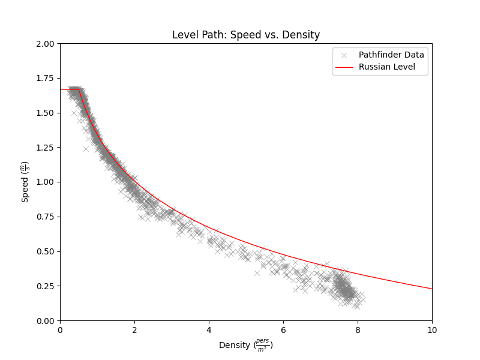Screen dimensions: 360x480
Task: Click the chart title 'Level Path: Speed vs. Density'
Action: coord(246,35)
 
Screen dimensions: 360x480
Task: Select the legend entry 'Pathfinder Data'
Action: coord(391,55)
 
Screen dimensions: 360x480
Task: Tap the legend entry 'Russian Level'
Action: coord(387,67)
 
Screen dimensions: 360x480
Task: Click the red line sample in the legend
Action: coord(344,67)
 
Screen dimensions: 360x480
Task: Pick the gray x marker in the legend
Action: coord(344,55)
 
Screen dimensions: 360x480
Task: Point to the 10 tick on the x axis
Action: coord(432,330)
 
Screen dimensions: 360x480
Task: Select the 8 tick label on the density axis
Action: coord(358,330)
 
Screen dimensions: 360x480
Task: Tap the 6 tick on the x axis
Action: coord(283,330)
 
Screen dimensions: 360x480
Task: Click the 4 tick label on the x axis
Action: coord(209,330)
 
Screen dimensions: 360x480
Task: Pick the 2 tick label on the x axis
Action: coord(134,330)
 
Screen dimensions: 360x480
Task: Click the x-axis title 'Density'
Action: coord(246,346)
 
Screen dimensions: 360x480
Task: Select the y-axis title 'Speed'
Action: coord(25,182)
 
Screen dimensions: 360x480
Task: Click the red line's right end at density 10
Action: coord(431,289)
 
